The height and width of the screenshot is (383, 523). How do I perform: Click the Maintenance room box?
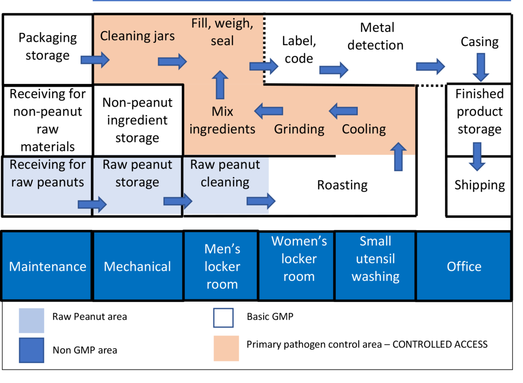pyautogui.click(x=47, y=266)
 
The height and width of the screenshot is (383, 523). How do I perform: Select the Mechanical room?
pyautogui.click(x=138, y=266)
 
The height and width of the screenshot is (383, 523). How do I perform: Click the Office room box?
pyautogui.click(x=463, y=266)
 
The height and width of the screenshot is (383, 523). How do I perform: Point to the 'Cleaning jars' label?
pyautogui.click(x=137, y=36)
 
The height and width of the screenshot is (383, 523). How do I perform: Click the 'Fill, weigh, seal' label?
pyautogui.click(x=222, y=32)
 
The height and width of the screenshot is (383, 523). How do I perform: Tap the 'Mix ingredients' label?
pyautogui.click(x=222, y=121)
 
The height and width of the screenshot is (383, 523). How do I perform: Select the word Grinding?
pyautogui.click(x=299, y=129)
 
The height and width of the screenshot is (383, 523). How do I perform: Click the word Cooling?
pyautogui.click(x=364, y=129)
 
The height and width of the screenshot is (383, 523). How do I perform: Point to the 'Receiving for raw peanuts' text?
pyautogui.click(x=47, y=173)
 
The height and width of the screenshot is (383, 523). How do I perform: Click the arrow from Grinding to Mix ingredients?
pyautogui.click(x=268, y=111)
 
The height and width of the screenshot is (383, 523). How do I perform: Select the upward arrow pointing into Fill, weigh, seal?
pyautogui.click(x=220, y=85)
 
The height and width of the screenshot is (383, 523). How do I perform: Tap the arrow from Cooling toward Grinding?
pyautogui.click(x=343, y=111)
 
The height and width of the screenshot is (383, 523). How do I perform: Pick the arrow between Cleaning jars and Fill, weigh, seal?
pyautogui.click(x=172, y=61)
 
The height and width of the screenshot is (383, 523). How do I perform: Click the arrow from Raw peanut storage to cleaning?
pyautogui.click(x=178, y=201)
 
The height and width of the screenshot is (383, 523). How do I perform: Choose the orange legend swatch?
pyautogui.click(x=226, y=348)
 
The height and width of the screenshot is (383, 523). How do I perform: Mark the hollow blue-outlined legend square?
pyautogui.click(x=223, y=318)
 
